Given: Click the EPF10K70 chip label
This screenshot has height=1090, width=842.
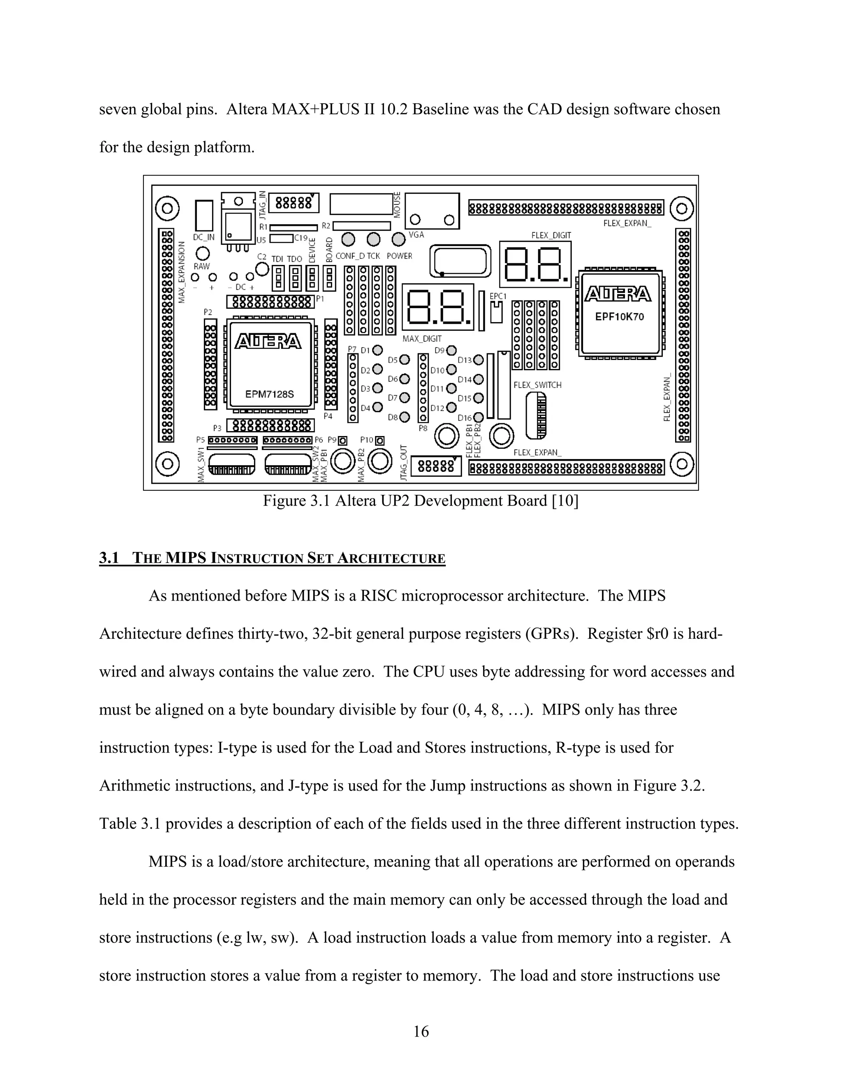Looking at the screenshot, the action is [620, 316].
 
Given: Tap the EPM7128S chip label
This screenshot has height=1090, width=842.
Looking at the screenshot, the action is [269, 394].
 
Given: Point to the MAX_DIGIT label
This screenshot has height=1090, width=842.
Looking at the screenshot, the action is [422, 339].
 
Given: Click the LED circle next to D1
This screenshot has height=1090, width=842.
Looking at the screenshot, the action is [377, 350].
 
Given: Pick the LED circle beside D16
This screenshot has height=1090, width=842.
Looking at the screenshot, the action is [479, 417].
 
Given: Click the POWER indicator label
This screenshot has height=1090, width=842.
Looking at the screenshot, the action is [400, 256].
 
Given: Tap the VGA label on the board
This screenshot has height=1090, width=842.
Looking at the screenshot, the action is [416, 234].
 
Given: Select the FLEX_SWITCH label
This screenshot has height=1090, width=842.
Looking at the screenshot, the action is [537, 385].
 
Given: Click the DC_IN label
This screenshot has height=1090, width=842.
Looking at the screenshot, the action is [204, 238].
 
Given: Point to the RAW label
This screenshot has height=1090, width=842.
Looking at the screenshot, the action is [202, 267].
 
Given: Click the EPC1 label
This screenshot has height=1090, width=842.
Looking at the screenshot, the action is [498, 296].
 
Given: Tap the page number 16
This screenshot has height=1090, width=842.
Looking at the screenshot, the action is [421, 1031].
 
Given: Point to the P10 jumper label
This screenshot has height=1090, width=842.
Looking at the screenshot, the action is [367, 440].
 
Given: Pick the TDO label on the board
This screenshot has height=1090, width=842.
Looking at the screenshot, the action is [294, 259].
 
